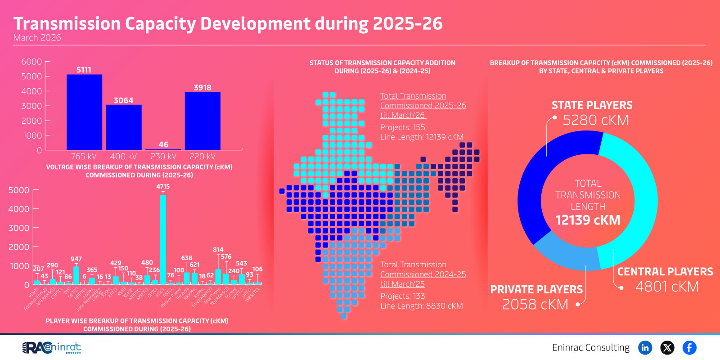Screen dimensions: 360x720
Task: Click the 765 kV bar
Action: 84,112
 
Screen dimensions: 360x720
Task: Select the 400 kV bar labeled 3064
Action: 124,127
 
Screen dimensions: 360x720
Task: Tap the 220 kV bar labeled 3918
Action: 202,121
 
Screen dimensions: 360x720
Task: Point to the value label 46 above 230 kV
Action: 163,144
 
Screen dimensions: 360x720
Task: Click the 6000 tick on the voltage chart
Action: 31,62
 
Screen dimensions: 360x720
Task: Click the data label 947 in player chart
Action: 76,259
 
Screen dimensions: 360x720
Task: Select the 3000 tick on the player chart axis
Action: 19,228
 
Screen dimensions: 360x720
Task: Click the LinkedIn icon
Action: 645,347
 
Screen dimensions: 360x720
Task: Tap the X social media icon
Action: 667,347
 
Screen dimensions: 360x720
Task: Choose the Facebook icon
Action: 689,347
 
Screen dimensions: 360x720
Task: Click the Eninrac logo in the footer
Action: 52,347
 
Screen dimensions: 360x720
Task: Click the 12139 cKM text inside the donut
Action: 588,220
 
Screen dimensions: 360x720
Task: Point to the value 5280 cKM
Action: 595,120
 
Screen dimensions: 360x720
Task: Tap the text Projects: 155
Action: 402,127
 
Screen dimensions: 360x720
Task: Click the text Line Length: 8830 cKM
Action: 421,306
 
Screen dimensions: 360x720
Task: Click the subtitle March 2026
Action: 37,38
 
